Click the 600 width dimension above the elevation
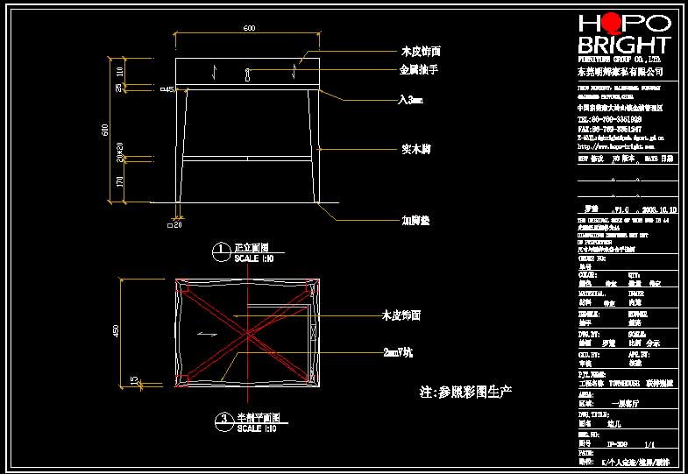[249, 29]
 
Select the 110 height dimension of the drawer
[120, 69]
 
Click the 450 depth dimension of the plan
[116, 330]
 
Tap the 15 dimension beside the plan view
[132, 380]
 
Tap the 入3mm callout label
[410, 101]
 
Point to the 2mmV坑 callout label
[401, 352]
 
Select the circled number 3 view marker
[224, 421]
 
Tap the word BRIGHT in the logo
[624, 46]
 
